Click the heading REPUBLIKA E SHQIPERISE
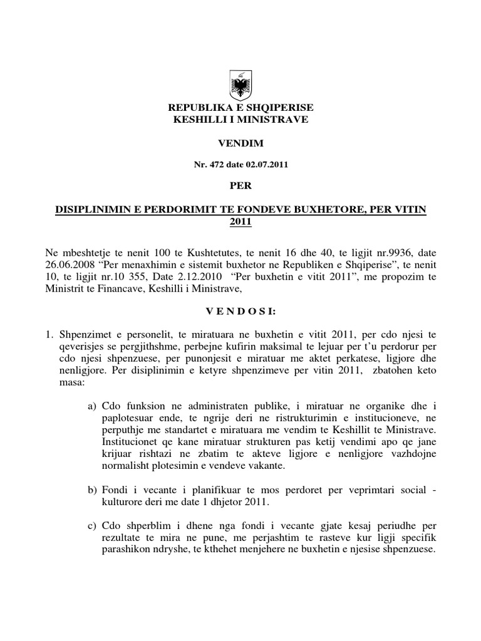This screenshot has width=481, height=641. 240,108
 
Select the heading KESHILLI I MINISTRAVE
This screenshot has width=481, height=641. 240,119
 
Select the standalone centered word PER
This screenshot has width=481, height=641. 240,185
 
